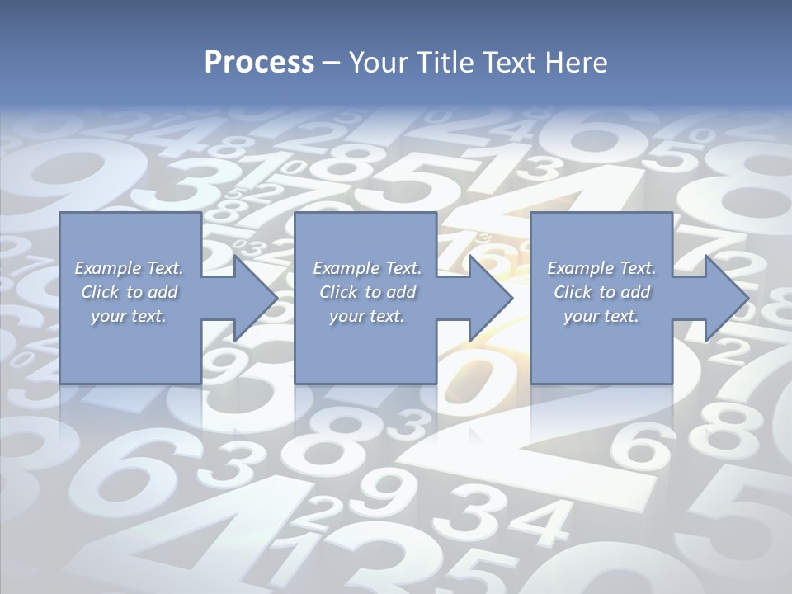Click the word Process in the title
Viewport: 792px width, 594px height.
point(259,62)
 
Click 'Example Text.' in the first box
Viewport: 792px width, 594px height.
point(129,267)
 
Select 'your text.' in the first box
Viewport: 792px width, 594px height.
point(129,316)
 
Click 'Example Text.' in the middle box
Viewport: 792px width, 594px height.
point(367,267)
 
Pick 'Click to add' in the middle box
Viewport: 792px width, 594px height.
point(367,291)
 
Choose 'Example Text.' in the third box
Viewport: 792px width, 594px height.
point(601,267)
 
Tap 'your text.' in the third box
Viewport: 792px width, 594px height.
point(601,316)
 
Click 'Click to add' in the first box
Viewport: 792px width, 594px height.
point(129,291)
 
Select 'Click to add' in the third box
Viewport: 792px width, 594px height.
point(601,291)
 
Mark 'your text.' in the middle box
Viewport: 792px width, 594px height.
point(367,316)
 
